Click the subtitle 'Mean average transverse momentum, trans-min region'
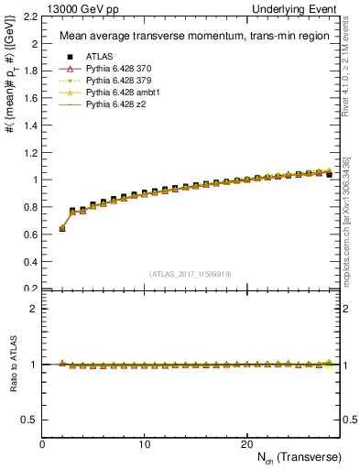176,36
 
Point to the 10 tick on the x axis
144,443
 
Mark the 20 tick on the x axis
246,443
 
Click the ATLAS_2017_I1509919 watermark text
191,273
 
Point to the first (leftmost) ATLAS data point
62,228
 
